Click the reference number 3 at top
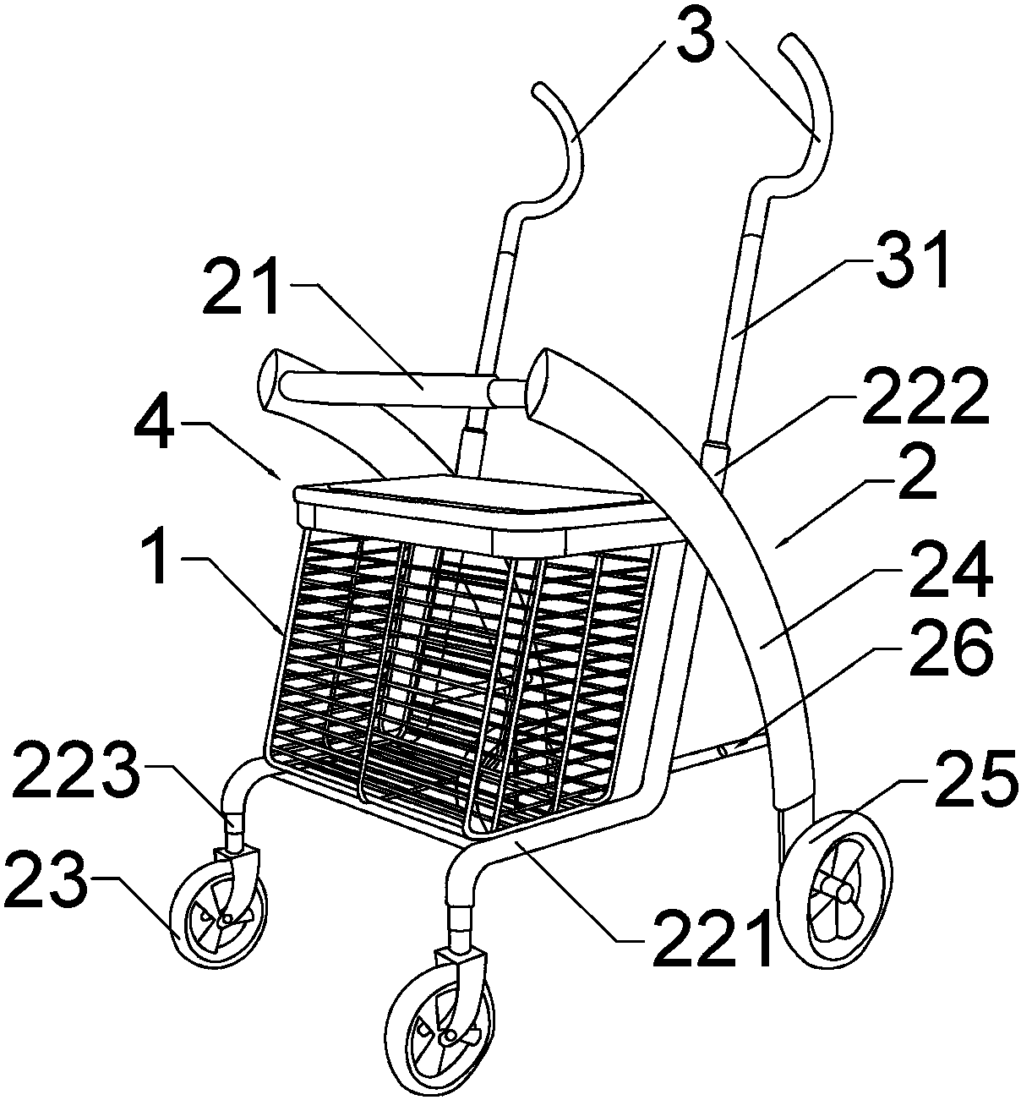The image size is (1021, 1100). tap(696, 39)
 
